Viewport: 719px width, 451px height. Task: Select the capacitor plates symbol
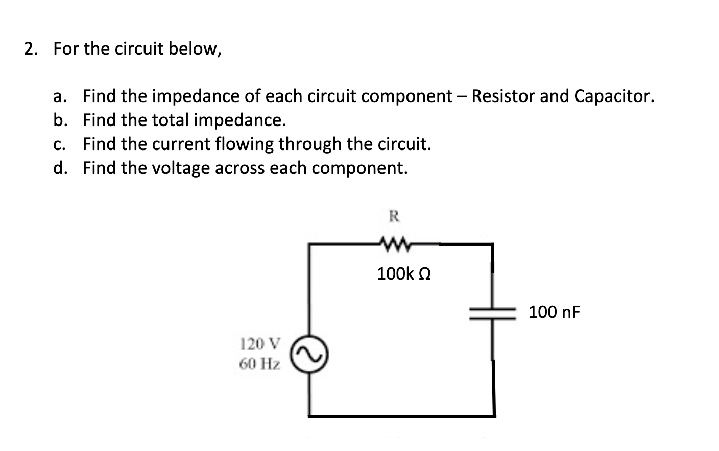point(492,312)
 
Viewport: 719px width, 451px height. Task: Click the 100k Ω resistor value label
point(403,274)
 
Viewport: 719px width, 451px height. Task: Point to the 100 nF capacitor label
point(554,312)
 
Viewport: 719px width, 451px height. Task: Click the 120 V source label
point(260,344)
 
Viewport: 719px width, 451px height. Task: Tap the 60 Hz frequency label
point(260,364)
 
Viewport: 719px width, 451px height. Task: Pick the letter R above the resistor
point(394,216)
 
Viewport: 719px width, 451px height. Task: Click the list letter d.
point(60,168)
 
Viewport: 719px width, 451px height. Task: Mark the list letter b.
point(60,120)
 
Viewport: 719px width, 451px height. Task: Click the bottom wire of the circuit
point(401,416)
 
